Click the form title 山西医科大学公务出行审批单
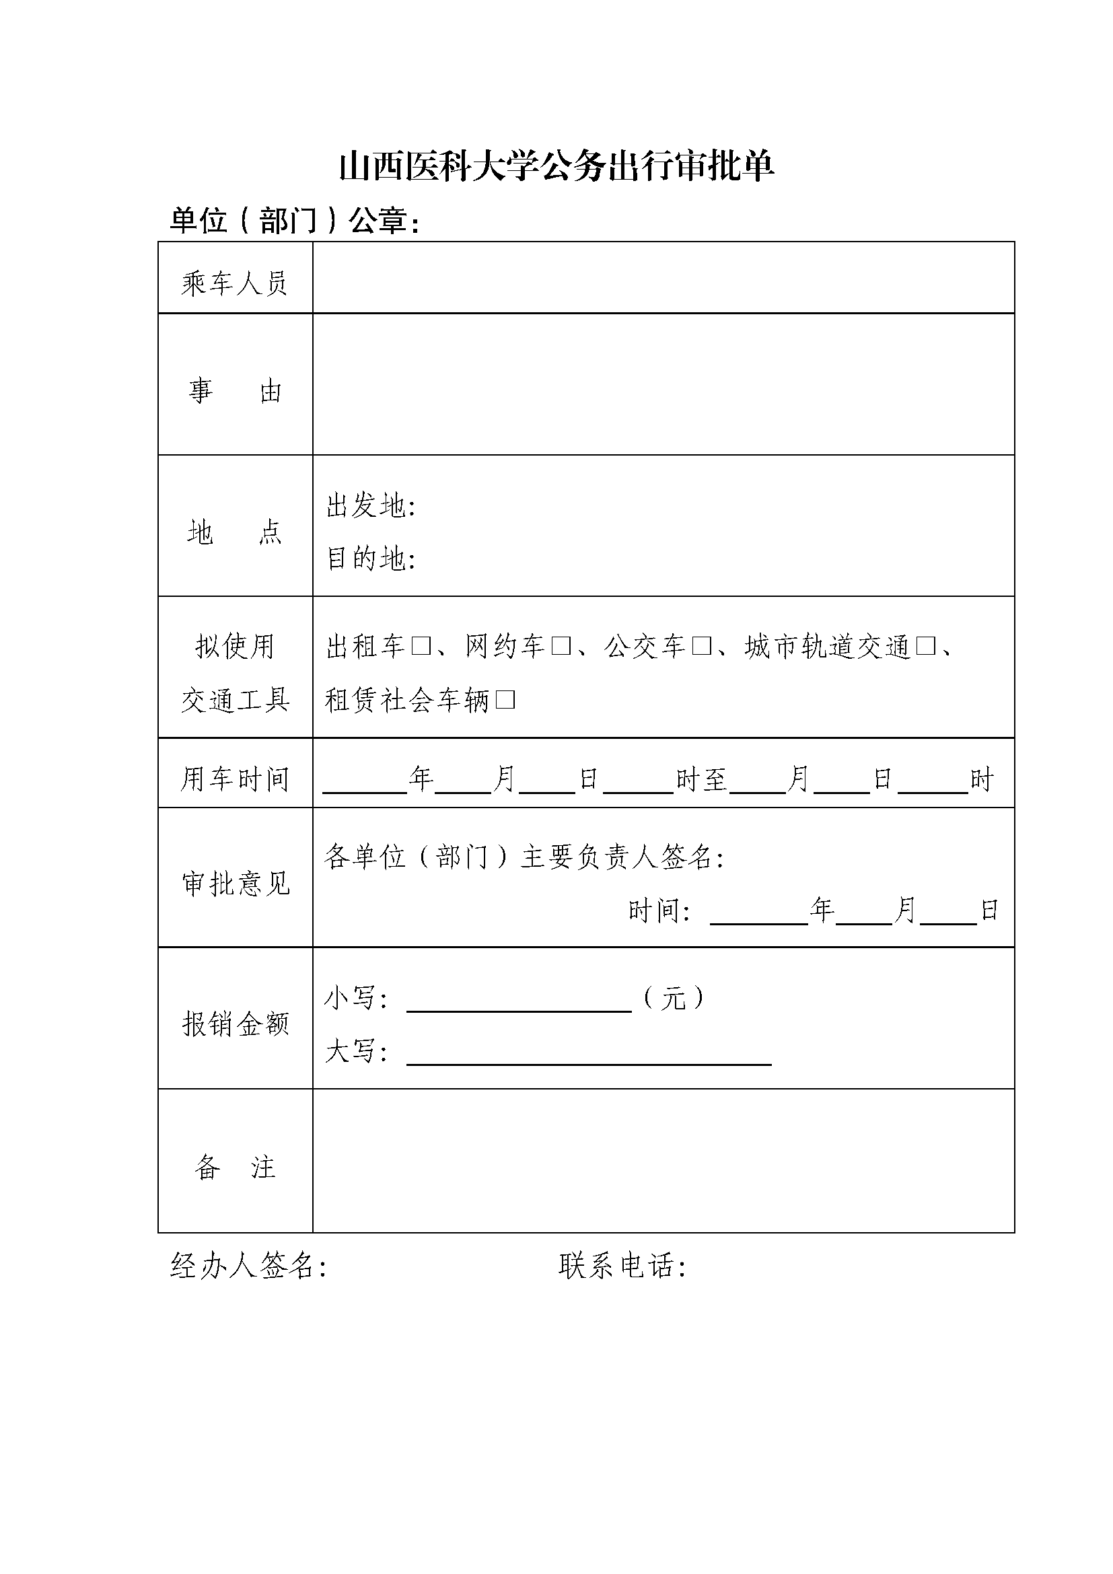[x=556, y=168]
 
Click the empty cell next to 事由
[x=663, y=384]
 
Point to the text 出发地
[x=370, y=507]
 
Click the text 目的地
[x=370, y=559]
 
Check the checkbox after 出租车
[x=421, y=647]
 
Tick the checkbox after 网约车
[x=561, y=647]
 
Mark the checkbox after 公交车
[x=701, y=647]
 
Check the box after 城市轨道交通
[x=925, y=647]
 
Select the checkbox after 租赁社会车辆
[x=505, y=700]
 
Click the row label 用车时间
[x=234, y=779]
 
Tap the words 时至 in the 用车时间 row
[x=701, y=779]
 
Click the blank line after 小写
[x=519, y=1001]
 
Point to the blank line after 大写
[x=589, y=1055]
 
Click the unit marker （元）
[x=673, y=998]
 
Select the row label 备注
[x=234, y=1168]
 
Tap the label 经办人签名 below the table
[x=247, y=1266]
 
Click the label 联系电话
[x=621, y=1266]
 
